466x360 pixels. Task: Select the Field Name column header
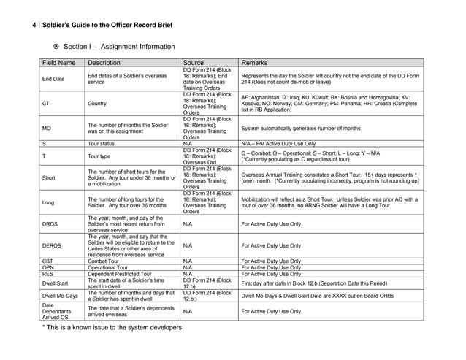(59, 63)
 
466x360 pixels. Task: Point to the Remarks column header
(255, 63)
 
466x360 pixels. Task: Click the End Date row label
(53, 79)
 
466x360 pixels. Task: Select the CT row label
(47, 104)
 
